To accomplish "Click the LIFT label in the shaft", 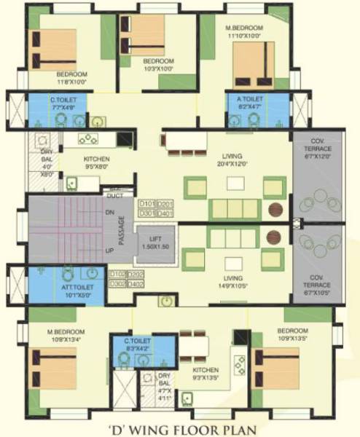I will click(x=156, y=243).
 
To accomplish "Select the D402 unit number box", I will click(x=135, y=283).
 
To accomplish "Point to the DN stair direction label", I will click(x=109, y=213).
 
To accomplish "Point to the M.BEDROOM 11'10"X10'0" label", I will click(x=244, y=31).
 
